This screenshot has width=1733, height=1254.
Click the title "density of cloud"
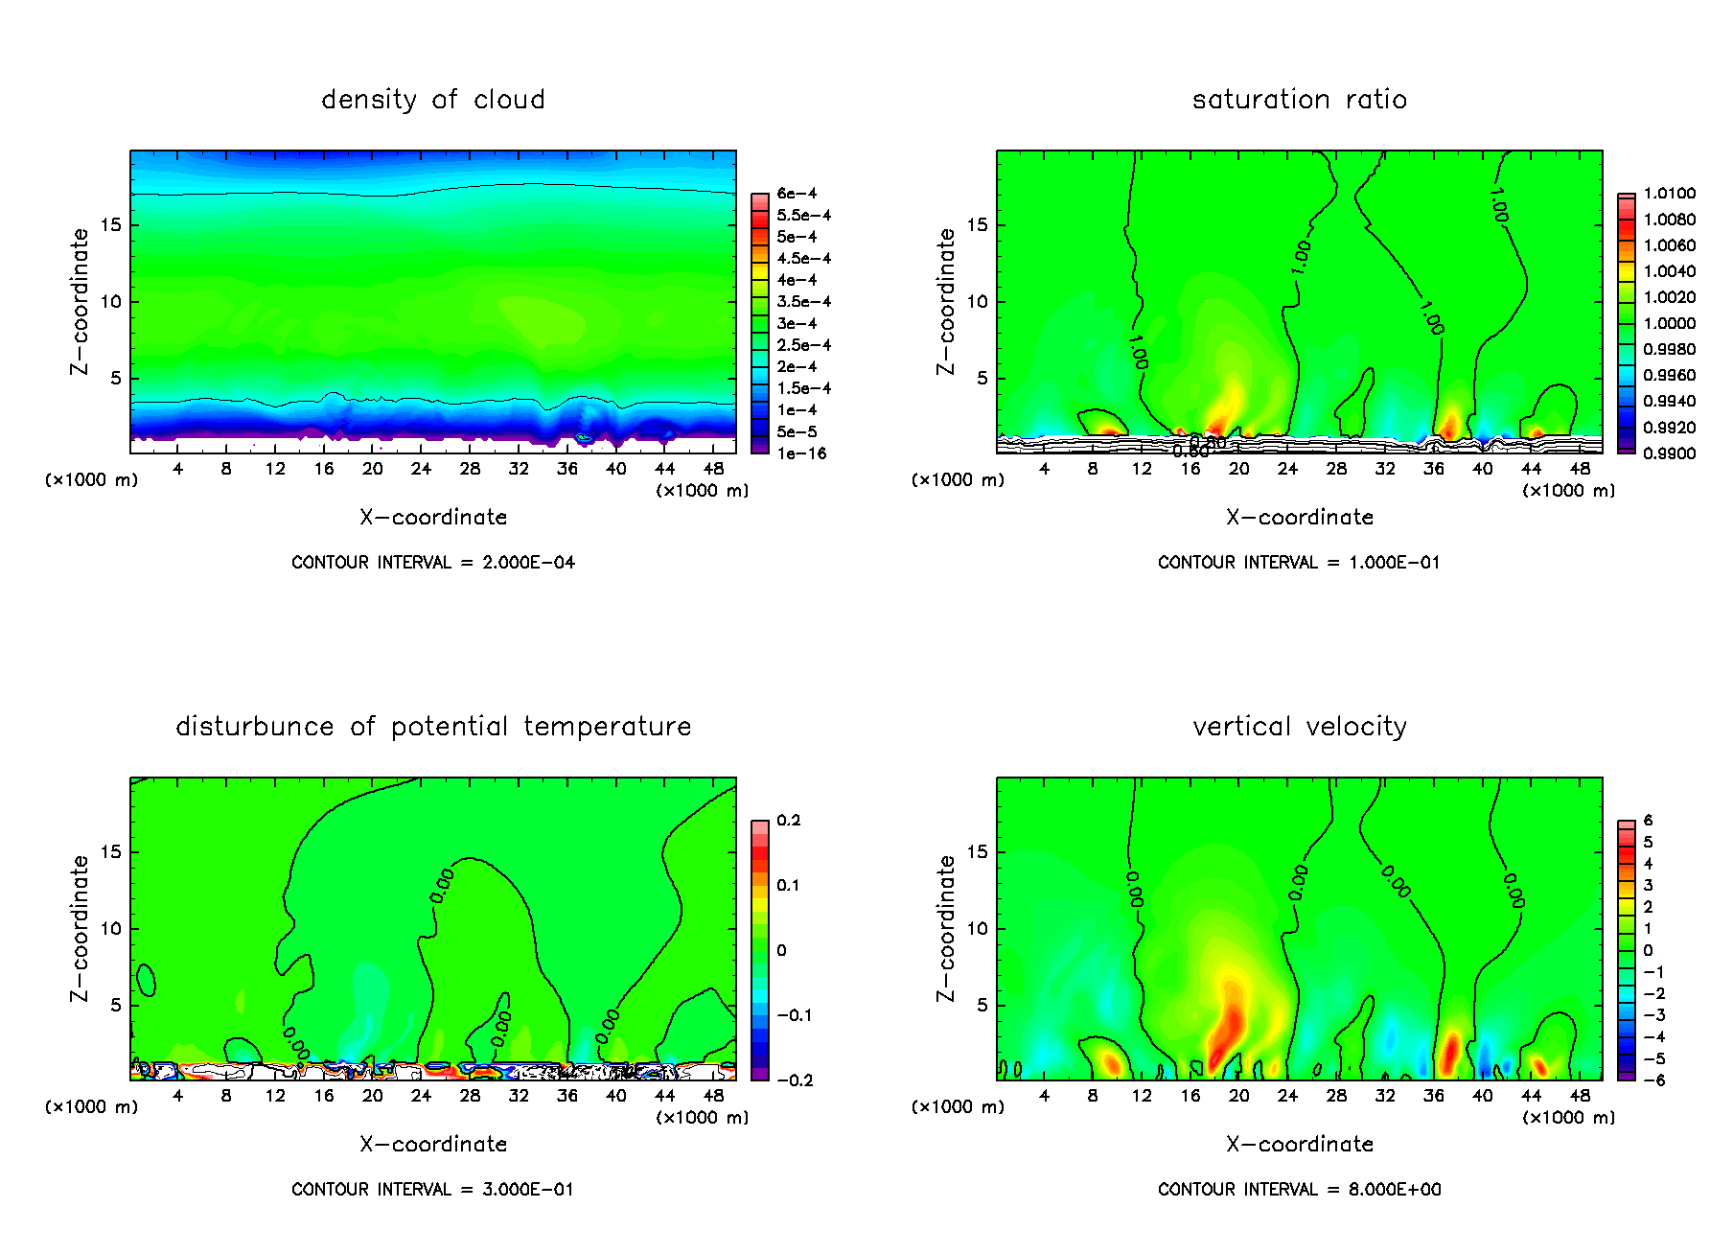click(x=432, y=100)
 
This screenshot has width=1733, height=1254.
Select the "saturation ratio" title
click(x=1299, y=100)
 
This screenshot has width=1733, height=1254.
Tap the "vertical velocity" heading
click(x=1299, y=727)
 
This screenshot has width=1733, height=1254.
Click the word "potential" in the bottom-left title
click(x=449, y=727)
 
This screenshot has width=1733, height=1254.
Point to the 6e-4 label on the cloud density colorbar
click(x=797, y=194)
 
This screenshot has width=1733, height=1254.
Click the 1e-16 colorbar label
click(x=801, y=453)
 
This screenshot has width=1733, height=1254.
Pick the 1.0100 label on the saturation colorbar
click(x=1669, y=194)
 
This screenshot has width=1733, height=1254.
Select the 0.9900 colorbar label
click(x=1669, y=453)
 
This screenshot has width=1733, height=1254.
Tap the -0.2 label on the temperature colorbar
click(x=795, y=1080)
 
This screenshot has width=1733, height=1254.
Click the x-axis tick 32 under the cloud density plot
click(x=519, y=469)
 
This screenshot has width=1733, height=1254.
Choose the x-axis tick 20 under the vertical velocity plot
click(x=1238, y=1096)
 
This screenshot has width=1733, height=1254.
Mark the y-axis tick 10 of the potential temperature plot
click(x=110, y=929)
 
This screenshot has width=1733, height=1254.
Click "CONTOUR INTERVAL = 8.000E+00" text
click(x=1299, y=1190)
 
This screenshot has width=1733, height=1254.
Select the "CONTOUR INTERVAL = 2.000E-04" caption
click(x=432, y=563)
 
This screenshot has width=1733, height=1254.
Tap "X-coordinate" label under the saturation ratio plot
click(x=1299, y=518)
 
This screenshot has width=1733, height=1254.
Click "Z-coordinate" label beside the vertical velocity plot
click(x=946, y=928)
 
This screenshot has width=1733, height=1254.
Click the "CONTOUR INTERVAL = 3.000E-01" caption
click(x=432, y=1190)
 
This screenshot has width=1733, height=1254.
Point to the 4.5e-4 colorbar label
click(x=803, y=259)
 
